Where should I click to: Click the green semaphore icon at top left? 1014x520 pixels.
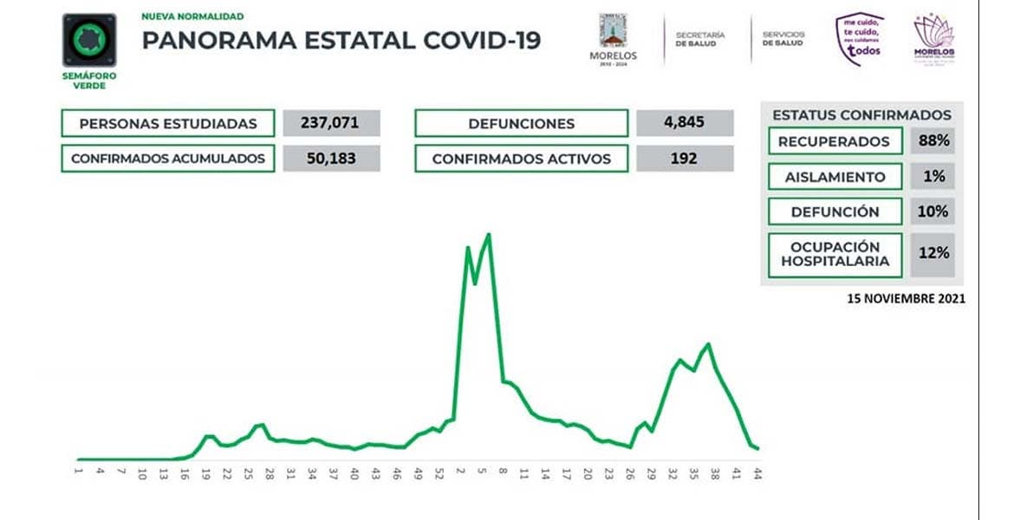pyautogui.click(x=89, y=41)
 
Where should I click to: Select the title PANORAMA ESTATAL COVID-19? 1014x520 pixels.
pyautogui.click(x=341, y=41)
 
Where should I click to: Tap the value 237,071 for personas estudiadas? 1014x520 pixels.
pyautogui.click(x=331, y=123)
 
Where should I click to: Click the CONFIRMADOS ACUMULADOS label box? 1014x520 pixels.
pyautogui.click(x=167, y=159)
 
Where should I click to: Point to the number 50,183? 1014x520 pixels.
pyautogui.click(x=331, y=159)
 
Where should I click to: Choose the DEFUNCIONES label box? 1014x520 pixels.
pyautogui.click(x=521, y=123)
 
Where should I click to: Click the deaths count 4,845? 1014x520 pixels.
pyautogui.click(x=685, y=123)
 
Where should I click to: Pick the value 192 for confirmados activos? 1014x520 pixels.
pyautogui.click(x=685, y=159)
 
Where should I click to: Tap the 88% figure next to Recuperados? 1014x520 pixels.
pyautogui.click(x=933, y=141)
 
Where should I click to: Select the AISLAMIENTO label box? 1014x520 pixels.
pyautogui.click(x=835, y=177)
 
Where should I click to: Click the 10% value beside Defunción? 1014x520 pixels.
pyautogui.click(x=933, y=211)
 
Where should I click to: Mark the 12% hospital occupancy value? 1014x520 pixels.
pyautogui.click(x=933, y=254)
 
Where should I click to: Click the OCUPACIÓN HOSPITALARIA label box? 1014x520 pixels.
pyautogui.click(x=835, y=254)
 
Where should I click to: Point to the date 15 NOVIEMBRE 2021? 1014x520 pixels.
pyautogui.click(x=906, y=298)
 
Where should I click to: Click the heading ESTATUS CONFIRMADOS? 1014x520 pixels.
pyautogui.click(x=861, y=114)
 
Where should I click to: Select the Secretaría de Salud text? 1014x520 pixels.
pyautogui.click(x=700, y=39)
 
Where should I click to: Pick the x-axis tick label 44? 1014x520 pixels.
pyautogui.click(x=757, y=474)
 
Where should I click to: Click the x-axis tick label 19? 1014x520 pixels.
pyautogui.click(x=205, y=474)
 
